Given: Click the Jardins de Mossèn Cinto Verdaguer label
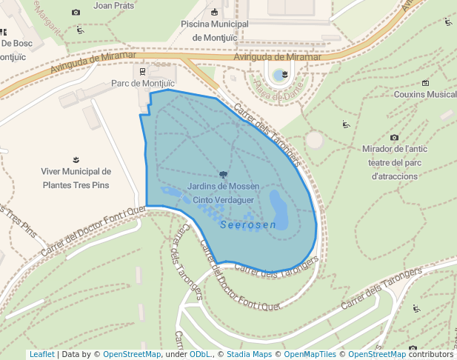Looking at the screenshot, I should [x=223, y=193].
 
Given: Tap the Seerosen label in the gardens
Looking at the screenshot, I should [x=248, y=224].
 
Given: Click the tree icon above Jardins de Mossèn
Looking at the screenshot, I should [x=224, y=174].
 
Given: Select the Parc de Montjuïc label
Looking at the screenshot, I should [x=141, y=84].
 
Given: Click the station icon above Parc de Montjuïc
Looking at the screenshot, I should [x=141, y=71].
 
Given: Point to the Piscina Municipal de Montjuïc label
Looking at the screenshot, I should [x=215, y=30].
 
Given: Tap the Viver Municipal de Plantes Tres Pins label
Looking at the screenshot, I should [x=76, y=178].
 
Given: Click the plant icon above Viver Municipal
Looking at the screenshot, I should [x=76, y=159].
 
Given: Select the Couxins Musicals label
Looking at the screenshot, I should [x=426, y=95].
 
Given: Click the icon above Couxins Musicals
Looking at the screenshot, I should [x=425, y=82].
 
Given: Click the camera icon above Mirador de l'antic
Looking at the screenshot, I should [x=394, y=137].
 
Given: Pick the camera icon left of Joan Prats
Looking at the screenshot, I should [x=76, y=13].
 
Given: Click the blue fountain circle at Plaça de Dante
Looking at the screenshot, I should [x=278, y=75].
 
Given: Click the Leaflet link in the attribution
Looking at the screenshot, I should [x=41, y=354].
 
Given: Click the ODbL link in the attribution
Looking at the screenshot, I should [x=199, y=354].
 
